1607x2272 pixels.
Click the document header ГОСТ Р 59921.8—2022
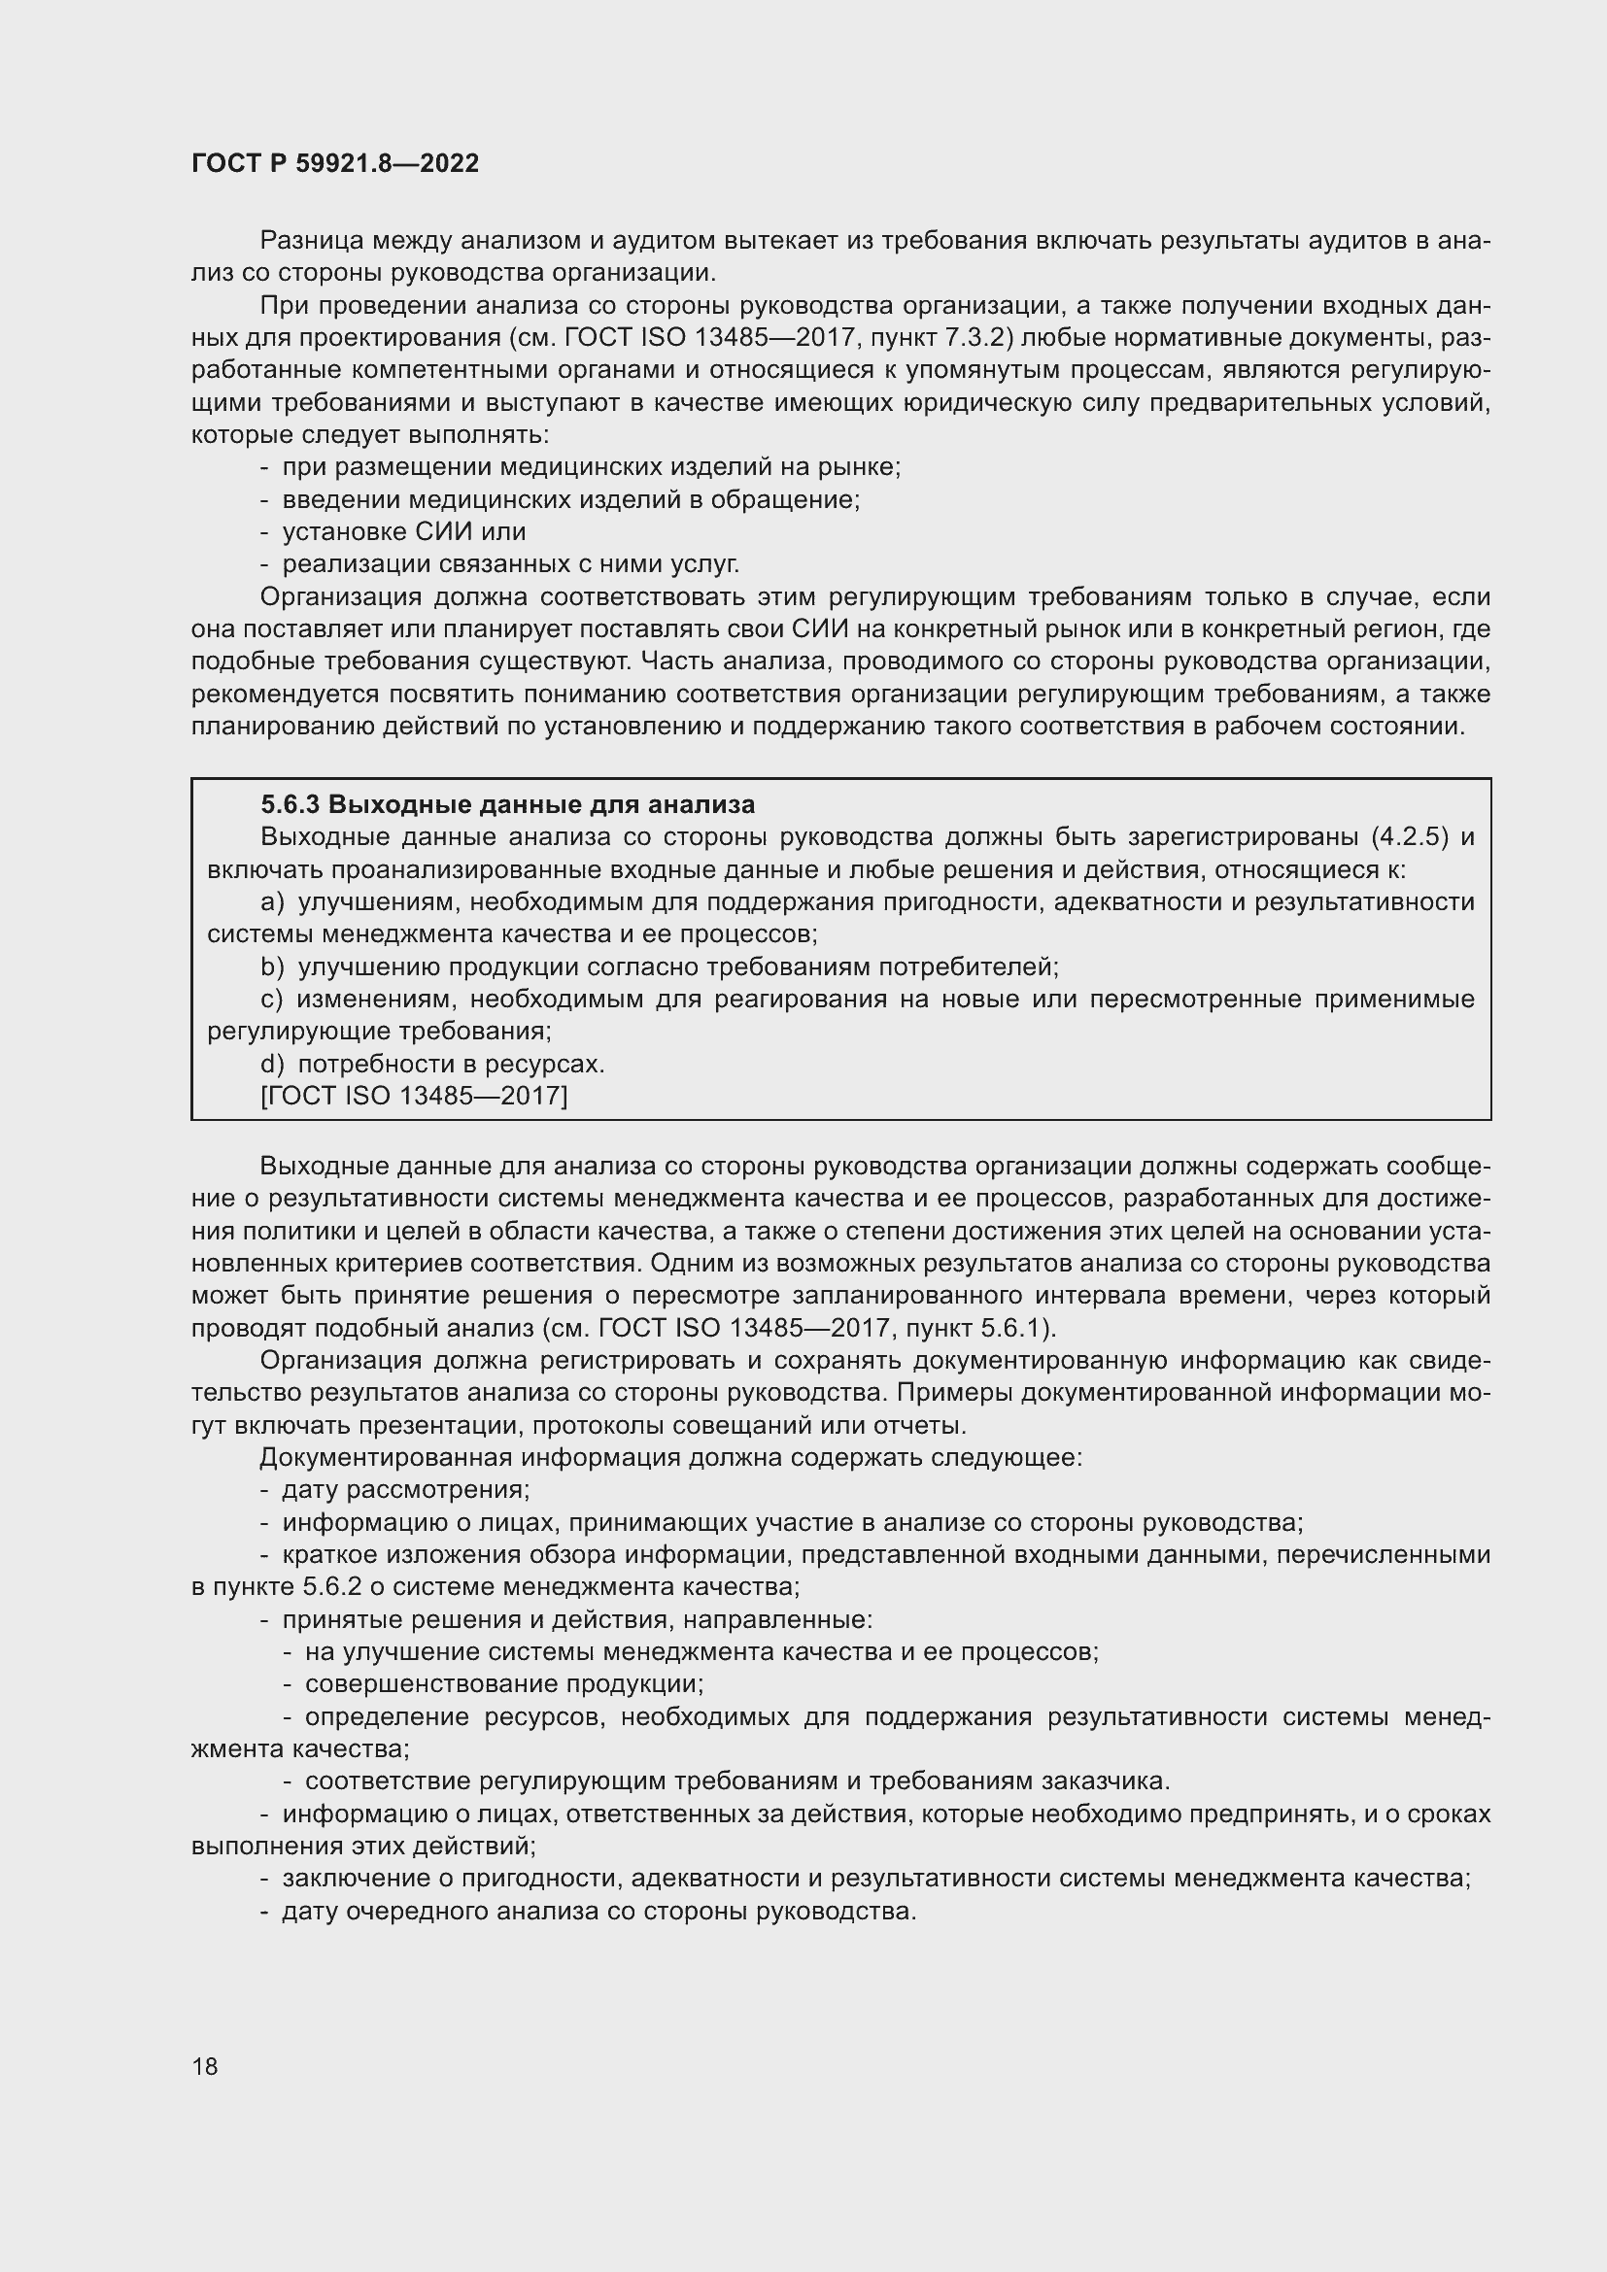[x=334, y=163]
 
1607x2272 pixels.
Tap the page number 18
[x=205, y=2066]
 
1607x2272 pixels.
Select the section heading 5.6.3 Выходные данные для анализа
[x=507, y=803]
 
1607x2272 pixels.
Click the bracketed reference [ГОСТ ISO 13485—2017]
[x=414, y=1096]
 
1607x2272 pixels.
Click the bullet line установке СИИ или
[x=404, y=531]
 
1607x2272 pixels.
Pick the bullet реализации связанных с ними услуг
[x=511, y=564]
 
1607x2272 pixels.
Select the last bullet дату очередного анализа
[x=598, y=1911]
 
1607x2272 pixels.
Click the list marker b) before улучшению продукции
[x=272, y=966]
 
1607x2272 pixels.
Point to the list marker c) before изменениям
[x=272, y=999]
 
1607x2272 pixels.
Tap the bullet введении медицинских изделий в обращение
[x=571, y=499]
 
